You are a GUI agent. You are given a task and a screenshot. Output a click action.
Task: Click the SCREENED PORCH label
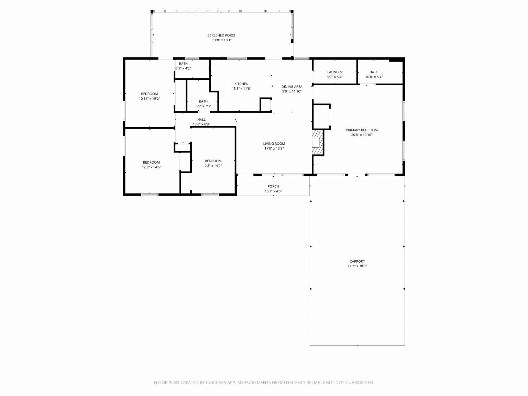point(222,35)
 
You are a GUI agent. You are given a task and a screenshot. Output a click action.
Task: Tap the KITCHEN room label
point(241,84)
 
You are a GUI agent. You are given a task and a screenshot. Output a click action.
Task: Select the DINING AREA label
point(292,87)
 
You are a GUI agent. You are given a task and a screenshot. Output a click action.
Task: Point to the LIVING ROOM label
point(274,144)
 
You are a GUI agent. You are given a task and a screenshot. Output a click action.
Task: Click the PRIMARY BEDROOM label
point(362,130)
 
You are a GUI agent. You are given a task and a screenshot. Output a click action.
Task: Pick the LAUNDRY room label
point(335,72)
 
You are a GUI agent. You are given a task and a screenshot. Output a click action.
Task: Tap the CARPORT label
point(357,261)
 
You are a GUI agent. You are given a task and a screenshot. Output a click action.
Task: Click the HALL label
point(201,120)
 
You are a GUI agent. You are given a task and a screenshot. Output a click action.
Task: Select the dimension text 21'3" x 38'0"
point(357,266)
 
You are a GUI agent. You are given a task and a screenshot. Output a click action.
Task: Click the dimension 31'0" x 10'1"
point(222,40)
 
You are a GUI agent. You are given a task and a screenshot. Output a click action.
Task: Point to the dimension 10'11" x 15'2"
point(150,99)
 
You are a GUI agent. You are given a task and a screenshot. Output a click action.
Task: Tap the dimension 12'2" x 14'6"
point(151,167)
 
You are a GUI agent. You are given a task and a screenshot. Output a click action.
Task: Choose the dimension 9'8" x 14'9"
point(213,166)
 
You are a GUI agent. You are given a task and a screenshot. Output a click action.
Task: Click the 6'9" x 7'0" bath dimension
point(203,106)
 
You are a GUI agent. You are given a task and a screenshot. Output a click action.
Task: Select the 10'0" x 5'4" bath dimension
point(374,77)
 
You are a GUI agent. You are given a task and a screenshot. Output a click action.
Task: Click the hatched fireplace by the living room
point(318,143)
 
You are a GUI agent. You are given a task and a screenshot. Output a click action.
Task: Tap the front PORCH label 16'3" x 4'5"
point(273,189)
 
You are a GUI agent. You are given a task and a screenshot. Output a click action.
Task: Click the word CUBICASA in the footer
point(216,383)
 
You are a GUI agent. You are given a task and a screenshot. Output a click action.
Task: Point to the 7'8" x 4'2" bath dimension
point(183,68)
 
